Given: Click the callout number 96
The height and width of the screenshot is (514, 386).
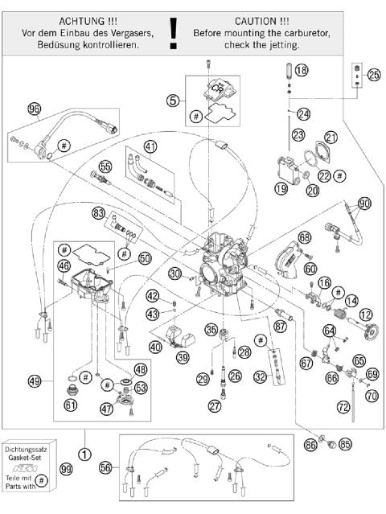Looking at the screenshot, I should (x=34, y=109).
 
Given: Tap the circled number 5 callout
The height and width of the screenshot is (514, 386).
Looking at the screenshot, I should (x=171, y=101).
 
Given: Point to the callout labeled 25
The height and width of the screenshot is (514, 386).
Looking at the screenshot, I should (x=373, y=74).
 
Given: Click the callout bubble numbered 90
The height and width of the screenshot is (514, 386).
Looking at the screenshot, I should (x=365, y=204).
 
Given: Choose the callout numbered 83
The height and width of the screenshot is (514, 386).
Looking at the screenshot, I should (x=99, y=213).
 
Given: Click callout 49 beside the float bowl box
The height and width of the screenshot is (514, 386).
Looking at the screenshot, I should (x=34, y=380).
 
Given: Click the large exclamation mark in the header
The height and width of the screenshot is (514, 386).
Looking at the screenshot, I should (x=172, y=32).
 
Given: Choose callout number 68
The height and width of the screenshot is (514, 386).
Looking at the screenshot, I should (x=305, y=237).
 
